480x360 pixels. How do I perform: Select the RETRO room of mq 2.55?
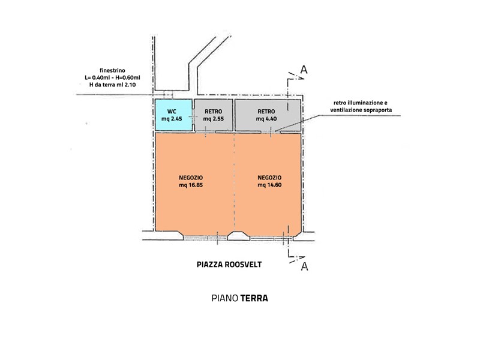(214, 115)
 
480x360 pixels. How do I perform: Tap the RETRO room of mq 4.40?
(268, 115)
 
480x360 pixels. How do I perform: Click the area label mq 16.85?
(191, 185)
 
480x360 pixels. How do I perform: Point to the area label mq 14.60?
(269, 185)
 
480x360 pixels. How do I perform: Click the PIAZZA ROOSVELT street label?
(229, 265)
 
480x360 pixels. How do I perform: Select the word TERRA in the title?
(254, 298)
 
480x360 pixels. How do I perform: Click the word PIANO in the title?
(224, 298)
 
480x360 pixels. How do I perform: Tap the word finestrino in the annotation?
(112, 70)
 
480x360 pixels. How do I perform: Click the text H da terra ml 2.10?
(112, 85)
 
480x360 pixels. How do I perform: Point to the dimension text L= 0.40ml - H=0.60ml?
(112, 77)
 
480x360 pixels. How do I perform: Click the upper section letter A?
(304, 70)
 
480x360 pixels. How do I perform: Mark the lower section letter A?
(304, 266)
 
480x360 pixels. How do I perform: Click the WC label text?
(172, 112)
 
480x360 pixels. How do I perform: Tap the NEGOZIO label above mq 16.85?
(191, 178)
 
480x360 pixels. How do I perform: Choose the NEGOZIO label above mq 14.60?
(269, 178)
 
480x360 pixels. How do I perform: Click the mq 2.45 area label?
(172, 119)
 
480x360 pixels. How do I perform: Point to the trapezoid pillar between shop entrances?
(238, 235)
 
